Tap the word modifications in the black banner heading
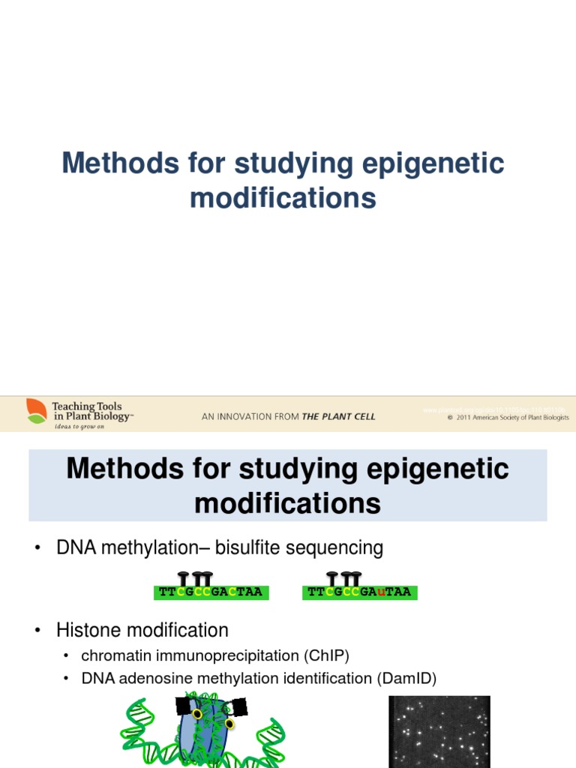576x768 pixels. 287,503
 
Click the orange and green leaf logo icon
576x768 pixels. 36,411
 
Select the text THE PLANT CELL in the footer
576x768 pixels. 338,417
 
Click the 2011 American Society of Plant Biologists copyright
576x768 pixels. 508,418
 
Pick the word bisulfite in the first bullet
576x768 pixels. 247,548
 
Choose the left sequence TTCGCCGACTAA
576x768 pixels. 211,592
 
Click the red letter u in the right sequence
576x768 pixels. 382,592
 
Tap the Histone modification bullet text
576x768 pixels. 142,630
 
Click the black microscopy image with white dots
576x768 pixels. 439,731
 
